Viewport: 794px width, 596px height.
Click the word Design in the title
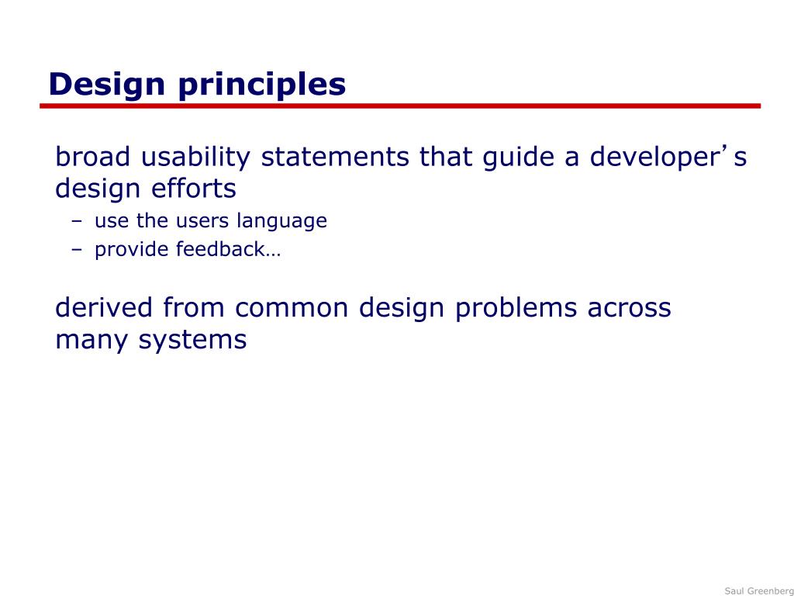(107, 84)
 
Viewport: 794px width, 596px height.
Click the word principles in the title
(262, 85)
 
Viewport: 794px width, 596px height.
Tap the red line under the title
(400, 106)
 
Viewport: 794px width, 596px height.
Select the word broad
(92, 157)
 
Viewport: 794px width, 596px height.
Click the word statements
(335, 157)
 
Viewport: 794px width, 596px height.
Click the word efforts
(194, 189)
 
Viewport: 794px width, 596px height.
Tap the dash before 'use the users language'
(77, 221)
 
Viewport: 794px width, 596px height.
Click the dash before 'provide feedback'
(77, 250)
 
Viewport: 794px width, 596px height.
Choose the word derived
(104, 307)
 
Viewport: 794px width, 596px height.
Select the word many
(91, 340)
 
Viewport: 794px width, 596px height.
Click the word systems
(192, 340)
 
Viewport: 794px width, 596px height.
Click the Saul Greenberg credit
(758, 591)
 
